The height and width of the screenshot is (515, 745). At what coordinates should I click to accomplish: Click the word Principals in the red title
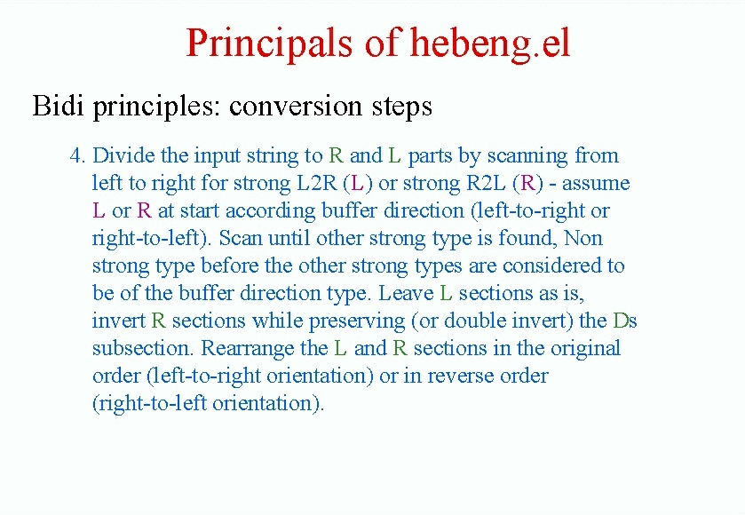click(269, 44)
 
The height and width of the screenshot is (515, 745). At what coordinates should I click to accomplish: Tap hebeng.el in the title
click(490, 44)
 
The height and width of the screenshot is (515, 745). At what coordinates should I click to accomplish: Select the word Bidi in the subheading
click(58, 106)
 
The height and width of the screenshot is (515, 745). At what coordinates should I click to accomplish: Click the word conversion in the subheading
click(295, 106)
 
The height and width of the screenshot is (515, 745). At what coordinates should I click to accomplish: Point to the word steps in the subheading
click(402, 107)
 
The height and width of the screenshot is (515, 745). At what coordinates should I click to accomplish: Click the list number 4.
click(77, 155)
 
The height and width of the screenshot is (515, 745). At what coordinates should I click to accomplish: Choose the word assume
click(596, 184)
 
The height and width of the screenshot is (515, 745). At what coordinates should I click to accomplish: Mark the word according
click(270, 211)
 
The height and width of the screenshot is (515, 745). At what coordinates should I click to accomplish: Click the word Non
click(583, 238)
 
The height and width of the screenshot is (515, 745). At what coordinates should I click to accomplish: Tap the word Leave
click(406, 293)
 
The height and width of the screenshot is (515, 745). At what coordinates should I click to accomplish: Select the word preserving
click(357, 321)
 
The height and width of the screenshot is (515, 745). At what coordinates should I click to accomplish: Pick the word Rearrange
click(265, 349)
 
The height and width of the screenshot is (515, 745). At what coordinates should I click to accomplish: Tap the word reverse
click(458, 376)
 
